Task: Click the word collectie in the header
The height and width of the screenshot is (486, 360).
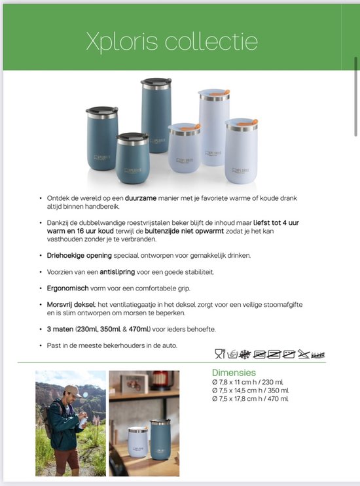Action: (211, 42)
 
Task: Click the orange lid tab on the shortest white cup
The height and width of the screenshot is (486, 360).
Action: (194, 127)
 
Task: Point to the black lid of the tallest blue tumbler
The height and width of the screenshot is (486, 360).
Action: (156, 83)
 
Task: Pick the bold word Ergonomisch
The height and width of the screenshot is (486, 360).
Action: (72, 288)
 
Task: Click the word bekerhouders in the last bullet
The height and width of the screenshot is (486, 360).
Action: (132, 345)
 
